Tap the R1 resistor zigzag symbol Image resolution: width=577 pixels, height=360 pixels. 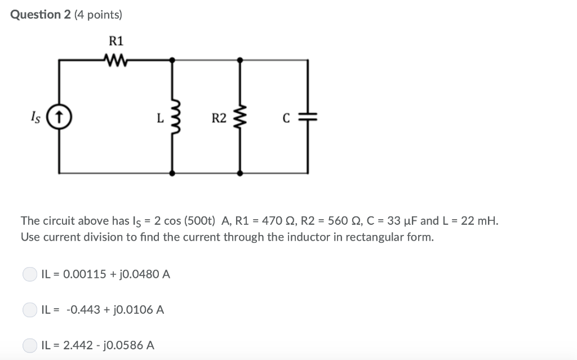pyautogui.click(x=117, y=59)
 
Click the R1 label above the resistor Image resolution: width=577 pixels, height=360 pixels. pyautogui.click(x=116, y=41)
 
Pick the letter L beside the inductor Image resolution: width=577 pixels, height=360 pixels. pyautogui.click(x=160, y=118)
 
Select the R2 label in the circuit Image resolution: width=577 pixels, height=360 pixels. pyautogui.click(x=219, y=118)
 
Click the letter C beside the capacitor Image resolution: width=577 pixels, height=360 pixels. pyautogui.click(x=286, y=118)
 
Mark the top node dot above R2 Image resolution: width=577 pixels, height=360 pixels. pyautogui.click(x=241, y=59)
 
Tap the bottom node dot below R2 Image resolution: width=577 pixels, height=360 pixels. pyautogui.click(x=241, y=173)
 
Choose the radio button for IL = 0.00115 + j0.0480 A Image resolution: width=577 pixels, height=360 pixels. pyautogui.click(x=29, y=274)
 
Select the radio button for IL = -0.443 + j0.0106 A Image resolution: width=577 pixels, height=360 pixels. pyautogui.click(x=29, y=310)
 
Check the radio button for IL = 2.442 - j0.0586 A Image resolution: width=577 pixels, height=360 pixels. pyautogui.click(x=29, y=345)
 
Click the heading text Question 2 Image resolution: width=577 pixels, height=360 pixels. pyautogui.click(x=39, y=15)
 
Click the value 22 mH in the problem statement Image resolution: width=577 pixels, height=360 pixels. pyautogui.click(x=478, y=220)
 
